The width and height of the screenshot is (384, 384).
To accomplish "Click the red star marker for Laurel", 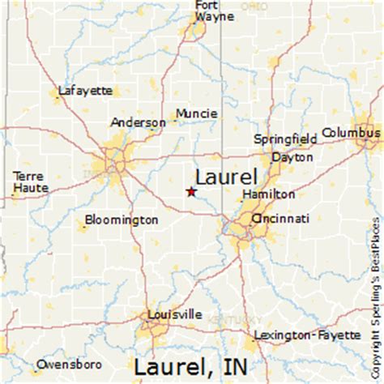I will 191,192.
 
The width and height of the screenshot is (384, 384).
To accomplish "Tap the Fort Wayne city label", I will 207,11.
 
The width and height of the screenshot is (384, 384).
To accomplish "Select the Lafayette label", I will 85,91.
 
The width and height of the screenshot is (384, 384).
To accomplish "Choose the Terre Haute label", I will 30,182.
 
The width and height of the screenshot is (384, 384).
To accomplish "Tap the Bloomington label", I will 122,220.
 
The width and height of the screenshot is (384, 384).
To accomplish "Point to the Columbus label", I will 350,132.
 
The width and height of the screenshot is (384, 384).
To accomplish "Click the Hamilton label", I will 268,195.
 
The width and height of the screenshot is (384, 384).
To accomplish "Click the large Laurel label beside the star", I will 226,176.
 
